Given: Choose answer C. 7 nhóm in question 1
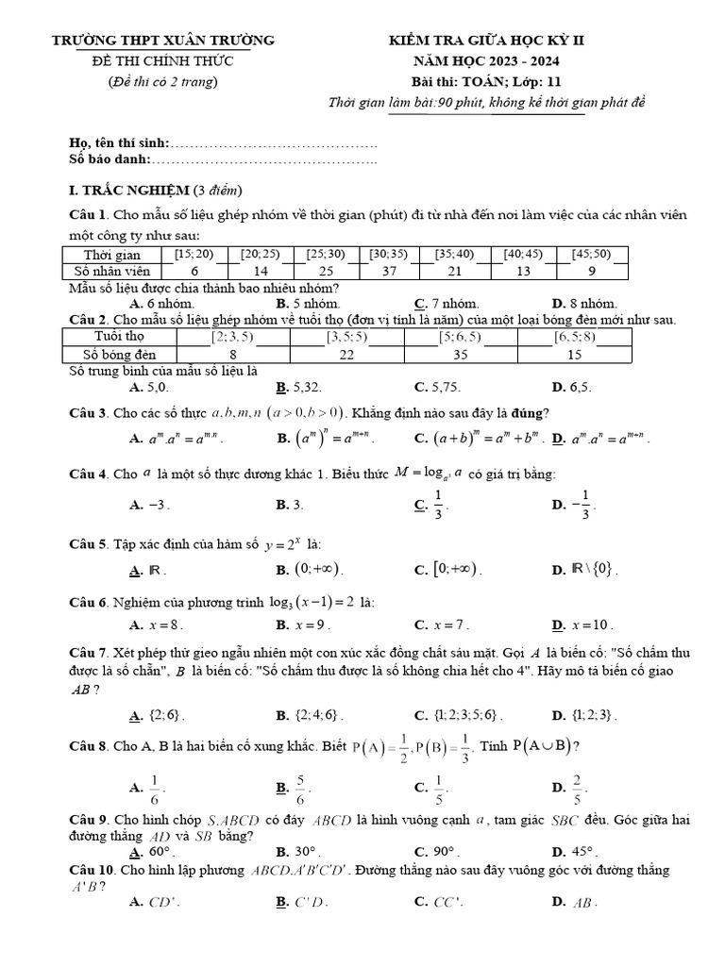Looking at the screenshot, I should (x=447, y=304).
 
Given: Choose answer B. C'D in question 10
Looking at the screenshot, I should (x=302, y=902).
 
